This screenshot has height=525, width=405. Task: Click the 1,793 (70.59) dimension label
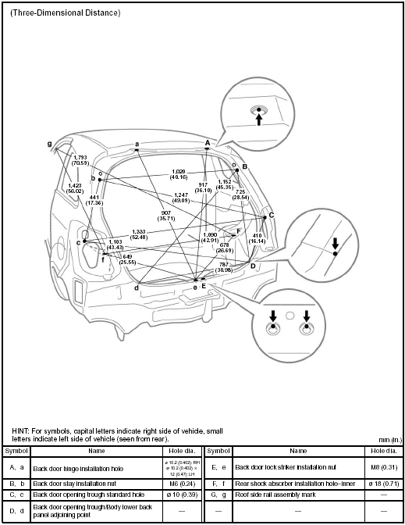click(x=80, y=160)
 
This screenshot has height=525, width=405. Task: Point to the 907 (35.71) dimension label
click(x=165, y=216)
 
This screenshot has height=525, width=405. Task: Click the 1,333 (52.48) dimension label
click(x=140, y=234)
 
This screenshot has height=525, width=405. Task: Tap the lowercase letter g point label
click(x=49, y=143)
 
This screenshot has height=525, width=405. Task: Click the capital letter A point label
click(x=208, y=142)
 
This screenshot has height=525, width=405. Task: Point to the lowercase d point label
click(x=136, y=288)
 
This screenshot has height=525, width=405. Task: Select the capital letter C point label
click(x=272, y=215)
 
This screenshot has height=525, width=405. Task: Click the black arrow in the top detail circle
click(x=259, y=119)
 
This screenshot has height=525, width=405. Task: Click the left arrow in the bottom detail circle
click(x=273, y=316)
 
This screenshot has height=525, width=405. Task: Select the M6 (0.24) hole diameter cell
click(x=182, y=483)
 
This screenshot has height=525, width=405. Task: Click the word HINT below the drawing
click(x=20, y=430)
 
